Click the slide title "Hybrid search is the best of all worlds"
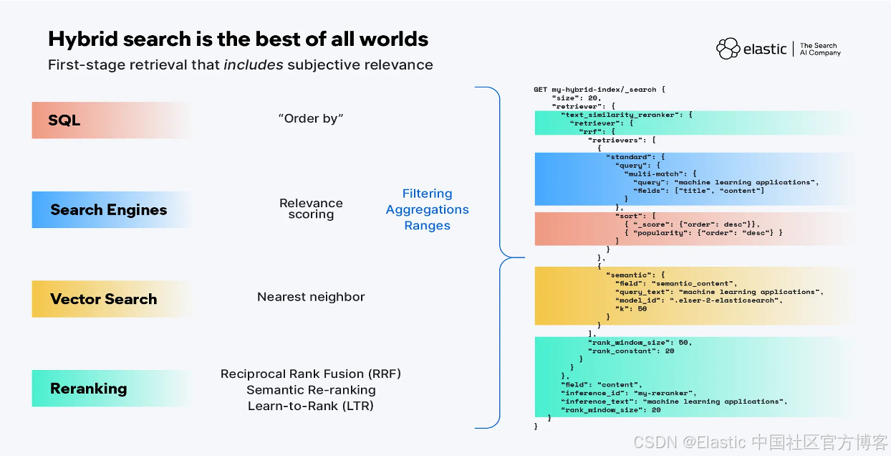pos(239,39)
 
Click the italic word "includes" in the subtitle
pos(254,65)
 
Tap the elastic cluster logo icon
pos(728,49)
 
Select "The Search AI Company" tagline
pos(820,49)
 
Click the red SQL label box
pos(112,120)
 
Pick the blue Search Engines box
pos(112,209)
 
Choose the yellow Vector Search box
pos(112,299)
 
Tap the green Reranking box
pos(112,389)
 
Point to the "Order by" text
pos(311,118)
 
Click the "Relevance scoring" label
pos(311,209)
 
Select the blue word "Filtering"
pos(427,194)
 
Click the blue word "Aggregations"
pos(427,209)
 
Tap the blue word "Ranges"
pos(427,225)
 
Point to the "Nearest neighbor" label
pos(311,297)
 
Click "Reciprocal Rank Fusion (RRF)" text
pos(311,374)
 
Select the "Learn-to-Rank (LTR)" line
pos(311,406)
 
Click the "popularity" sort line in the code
pos(703,232)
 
